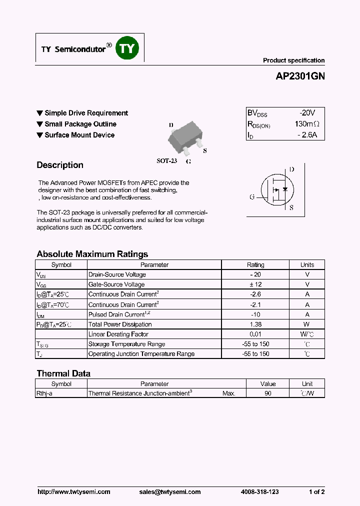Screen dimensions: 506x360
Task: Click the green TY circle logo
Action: [127, 48]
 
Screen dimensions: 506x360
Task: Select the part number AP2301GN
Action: [300, 77]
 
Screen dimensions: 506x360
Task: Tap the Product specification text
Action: [293, 60]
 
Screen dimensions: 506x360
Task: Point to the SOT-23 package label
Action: [167, 161]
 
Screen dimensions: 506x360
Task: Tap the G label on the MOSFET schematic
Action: [252, 197]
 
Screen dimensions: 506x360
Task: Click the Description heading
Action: [60, 165]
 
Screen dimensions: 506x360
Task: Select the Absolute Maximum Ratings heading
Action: [92, 254]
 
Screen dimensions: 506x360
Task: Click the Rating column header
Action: [255, 265]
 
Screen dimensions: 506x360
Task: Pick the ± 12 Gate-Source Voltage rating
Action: [255, 284]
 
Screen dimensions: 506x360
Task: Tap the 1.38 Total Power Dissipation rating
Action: [255, 324]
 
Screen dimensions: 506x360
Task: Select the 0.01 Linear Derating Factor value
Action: [255, 334]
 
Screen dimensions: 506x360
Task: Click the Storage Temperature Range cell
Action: [127, 344]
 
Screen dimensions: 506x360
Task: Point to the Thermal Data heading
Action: [63, 373]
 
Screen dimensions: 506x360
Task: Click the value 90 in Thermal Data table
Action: [268, 393]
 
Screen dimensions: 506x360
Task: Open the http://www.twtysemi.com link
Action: [74, 492]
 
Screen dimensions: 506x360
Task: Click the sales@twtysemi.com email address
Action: [170, 492]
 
